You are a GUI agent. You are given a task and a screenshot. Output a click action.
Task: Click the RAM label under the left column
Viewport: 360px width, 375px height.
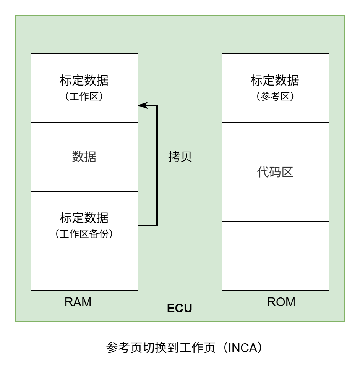tap(78, 302)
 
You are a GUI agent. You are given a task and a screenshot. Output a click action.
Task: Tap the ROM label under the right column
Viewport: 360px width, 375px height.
tap(281, 302)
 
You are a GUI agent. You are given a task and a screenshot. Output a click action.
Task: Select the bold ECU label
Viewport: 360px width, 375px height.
tap(180, 308)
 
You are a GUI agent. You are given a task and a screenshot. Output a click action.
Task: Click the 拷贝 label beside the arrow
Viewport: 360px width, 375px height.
tap(180, 157)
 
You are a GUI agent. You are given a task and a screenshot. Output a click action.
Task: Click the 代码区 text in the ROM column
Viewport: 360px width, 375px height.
tap(275, 172)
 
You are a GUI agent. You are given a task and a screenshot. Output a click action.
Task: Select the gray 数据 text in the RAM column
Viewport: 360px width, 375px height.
tap(84, 157)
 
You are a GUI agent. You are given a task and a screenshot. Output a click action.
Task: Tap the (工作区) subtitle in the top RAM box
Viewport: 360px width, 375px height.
tap(84, 97)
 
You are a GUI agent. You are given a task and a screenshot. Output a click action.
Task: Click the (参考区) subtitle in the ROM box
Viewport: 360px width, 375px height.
tap(275, 97)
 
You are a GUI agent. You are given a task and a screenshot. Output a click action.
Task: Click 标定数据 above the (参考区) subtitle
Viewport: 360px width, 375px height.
tap(275, 81)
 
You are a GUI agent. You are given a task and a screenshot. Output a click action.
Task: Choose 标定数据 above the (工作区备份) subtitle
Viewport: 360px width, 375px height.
tap(84, 218)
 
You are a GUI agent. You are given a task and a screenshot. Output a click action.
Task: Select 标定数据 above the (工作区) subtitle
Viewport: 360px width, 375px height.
tap(84, 81)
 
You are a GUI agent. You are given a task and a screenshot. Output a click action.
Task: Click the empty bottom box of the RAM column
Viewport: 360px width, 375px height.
tap(84, 275)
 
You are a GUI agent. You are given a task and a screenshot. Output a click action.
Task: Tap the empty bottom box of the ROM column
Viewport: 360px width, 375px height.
tap(275, 256)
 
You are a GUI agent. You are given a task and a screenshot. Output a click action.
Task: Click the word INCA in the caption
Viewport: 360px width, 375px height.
tap(242, 348)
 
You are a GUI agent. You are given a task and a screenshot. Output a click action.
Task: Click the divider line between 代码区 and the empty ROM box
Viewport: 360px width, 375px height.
tap(275, 222)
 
